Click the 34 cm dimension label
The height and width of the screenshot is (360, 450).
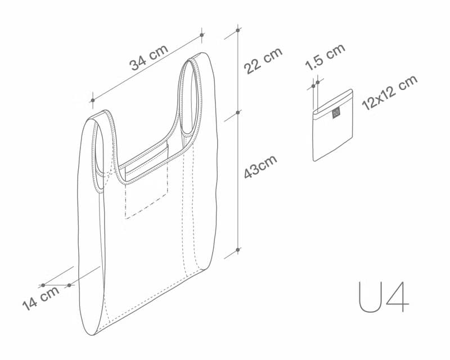149,57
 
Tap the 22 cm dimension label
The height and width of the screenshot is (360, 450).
263,61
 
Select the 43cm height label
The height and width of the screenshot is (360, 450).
260,166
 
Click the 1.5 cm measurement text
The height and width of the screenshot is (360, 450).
325,57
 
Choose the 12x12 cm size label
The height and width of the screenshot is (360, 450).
389,92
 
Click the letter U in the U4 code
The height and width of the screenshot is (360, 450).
370,297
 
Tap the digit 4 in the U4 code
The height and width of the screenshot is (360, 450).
398,297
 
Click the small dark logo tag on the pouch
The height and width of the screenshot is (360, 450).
336,113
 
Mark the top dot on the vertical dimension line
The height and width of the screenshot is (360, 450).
237,30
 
